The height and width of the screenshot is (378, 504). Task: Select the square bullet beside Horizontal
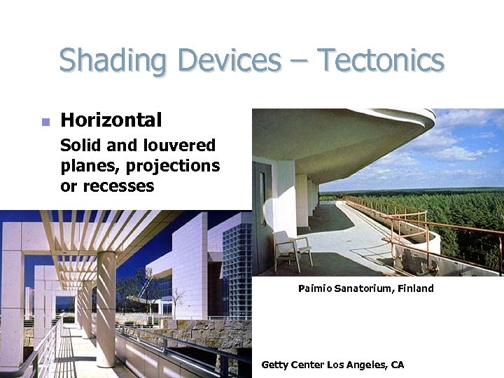[45, 122]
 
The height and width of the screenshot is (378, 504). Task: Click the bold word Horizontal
[111, 120]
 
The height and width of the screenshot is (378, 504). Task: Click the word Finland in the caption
[416, 288]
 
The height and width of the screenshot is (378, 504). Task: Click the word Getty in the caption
[274, 365]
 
